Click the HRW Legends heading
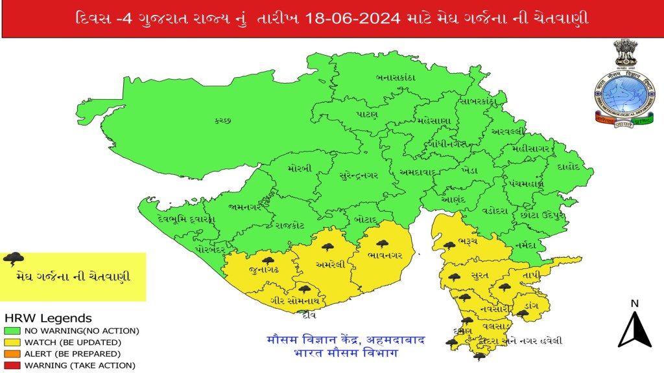48,319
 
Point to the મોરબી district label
300,168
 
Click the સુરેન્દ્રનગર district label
364,174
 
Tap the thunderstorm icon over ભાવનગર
383,244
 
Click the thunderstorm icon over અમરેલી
327,247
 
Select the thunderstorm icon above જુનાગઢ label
268,261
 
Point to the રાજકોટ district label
289,226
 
